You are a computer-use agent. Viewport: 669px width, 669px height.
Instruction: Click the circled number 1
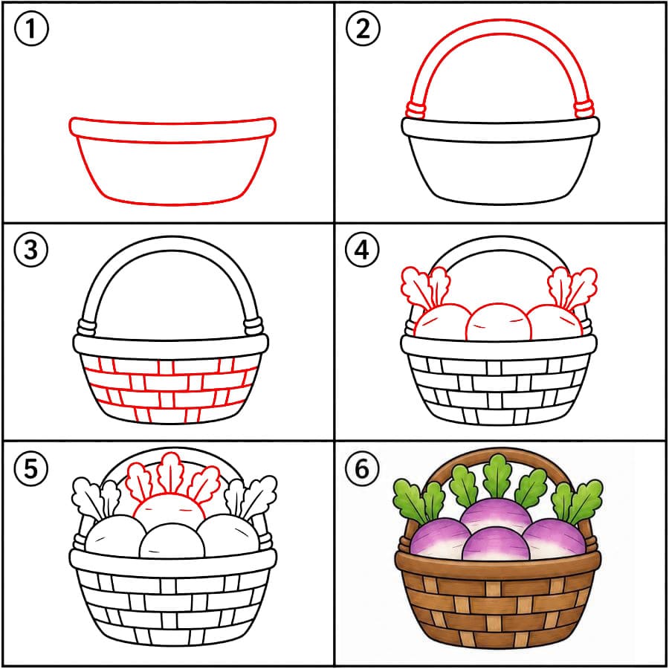[31, 29]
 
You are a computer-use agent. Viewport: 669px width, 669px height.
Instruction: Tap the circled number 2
[363, 29]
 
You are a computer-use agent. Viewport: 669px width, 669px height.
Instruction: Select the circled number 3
[31, 250]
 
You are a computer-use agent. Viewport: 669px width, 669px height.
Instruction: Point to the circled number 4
[362, 250]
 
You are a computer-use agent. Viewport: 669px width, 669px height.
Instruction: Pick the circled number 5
[30, 468]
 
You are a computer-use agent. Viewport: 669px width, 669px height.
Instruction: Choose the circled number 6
[362, 468]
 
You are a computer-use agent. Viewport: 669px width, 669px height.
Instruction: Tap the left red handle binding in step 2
[415, 110]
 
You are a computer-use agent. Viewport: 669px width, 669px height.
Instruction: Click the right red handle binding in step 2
[584, 109]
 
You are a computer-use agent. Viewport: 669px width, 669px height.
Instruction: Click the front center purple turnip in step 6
[495, 544]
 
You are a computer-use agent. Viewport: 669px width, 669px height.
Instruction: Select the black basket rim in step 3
[171, 346]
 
